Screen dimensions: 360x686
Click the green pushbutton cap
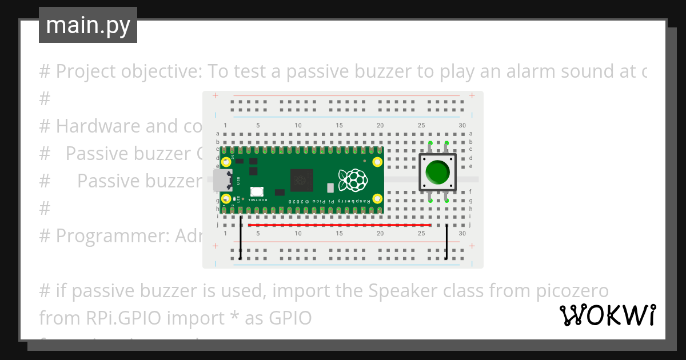[x=438, y=172]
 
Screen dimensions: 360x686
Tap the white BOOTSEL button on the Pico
[x=257, y=192]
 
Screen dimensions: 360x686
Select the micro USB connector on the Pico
[x=221, y=180]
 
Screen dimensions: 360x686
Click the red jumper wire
[x=340, y=225]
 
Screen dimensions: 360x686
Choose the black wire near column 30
[x=446, y=242]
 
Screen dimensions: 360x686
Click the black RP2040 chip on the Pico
[x=302, y=181]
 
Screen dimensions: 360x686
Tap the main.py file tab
[x=88, y=25]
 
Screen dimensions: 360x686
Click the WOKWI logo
[x=607, y=315]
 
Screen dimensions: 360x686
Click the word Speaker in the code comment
[x=397, y=291]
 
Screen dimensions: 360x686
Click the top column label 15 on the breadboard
[x=340, y=126]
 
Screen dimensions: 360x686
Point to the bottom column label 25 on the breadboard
[x=421, y=233]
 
